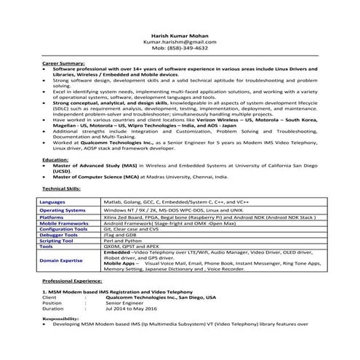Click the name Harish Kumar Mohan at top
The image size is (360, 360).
coord(180,36)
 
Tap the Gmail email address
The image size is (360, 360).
coord(180,41)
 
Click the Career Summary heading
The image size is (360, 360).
coord(62,64)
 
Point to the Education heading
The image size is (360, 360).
coord(55,159)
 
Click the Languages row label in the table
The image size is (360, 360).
coord(53,201)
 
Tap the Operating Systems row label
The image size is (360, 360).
coord(63,210)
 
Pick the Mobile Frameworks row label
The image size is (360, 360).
coord(63,223)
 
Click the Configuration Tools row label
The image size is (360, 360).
coord(64,229)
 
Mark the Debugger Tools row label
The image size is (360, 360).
coord(59,235)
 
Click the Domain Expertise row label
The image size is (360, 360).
coord(60,259)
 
